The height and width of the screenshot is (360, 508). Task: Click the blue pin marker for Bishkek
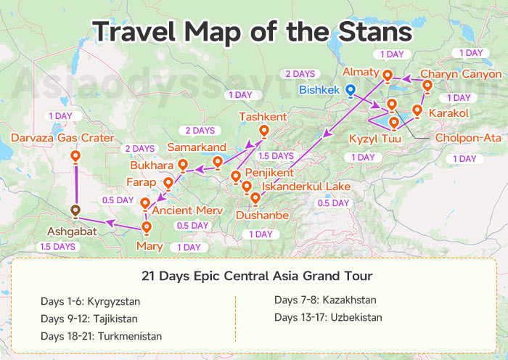[351, 91]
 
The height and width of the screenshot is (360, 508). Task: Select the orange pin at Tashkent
[263, 131]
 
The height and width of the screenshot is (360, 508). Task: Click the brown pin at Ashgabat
[75, 211]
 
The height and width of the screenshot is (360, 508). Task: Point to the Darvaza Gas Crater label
[62, 138]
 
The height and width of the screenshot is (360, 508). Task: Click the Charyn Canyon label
[460, 74]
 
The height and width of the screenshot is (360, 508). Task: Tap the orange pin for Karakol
[417, 111]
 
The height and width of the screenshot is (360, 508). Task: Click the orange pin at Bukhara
[183, 165]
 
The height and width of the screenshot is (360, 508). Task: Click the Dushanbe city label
[262, 216]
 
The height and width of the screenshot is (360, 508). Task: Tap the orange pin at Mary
[147, 228]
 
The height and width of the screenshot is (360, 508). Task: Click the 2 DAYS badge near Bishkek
[300, 74]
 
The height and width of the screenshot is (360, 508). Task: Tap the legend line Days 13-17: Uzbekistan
[328, 317]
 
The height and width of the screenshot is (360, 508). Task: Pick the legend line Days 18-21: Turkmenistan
[102, 336]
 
